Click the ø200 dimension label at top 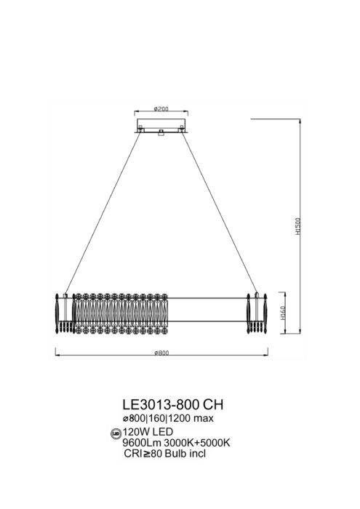pos(161,109)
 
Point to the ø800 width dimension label pos(161,353)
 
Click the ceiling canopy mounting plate pos(161,129)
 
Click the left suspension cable pos(102,211)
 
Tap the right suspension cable pos(218,211)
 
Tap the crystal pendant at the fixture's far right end pos(265,312)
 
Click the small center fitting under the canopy pos(161,132)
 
